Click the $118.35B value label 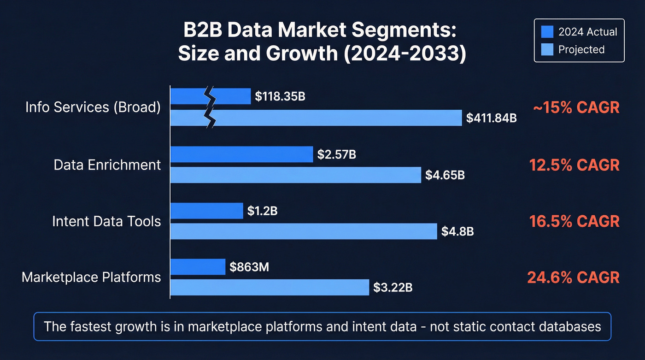[x=280, y=97]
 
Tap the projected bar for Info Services [x=336, y=118]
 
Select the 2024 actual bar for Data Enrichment [x=241, y=154]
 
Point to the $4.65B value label [x=445, y=175]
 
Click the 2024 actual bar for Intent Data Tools [x=206, y=211]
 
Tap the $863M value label [x=249, y=267]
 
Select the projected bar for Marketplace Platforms [x=270, y=287]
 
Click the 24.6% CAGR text [x=573, y=277]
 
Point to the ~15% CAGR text [x=576, y=107]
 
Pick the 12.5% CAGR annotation [x=574, y=165]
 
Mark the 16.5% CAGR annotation [x=574, y=221]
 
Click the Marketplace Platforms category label [x=91, y=277]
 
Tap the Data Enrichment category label [x=107, y=165]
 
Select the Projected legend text [x=581, y=49]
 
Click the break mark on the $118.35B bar [x=210, y=96]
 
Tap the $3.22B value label [x=393, y=288]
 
